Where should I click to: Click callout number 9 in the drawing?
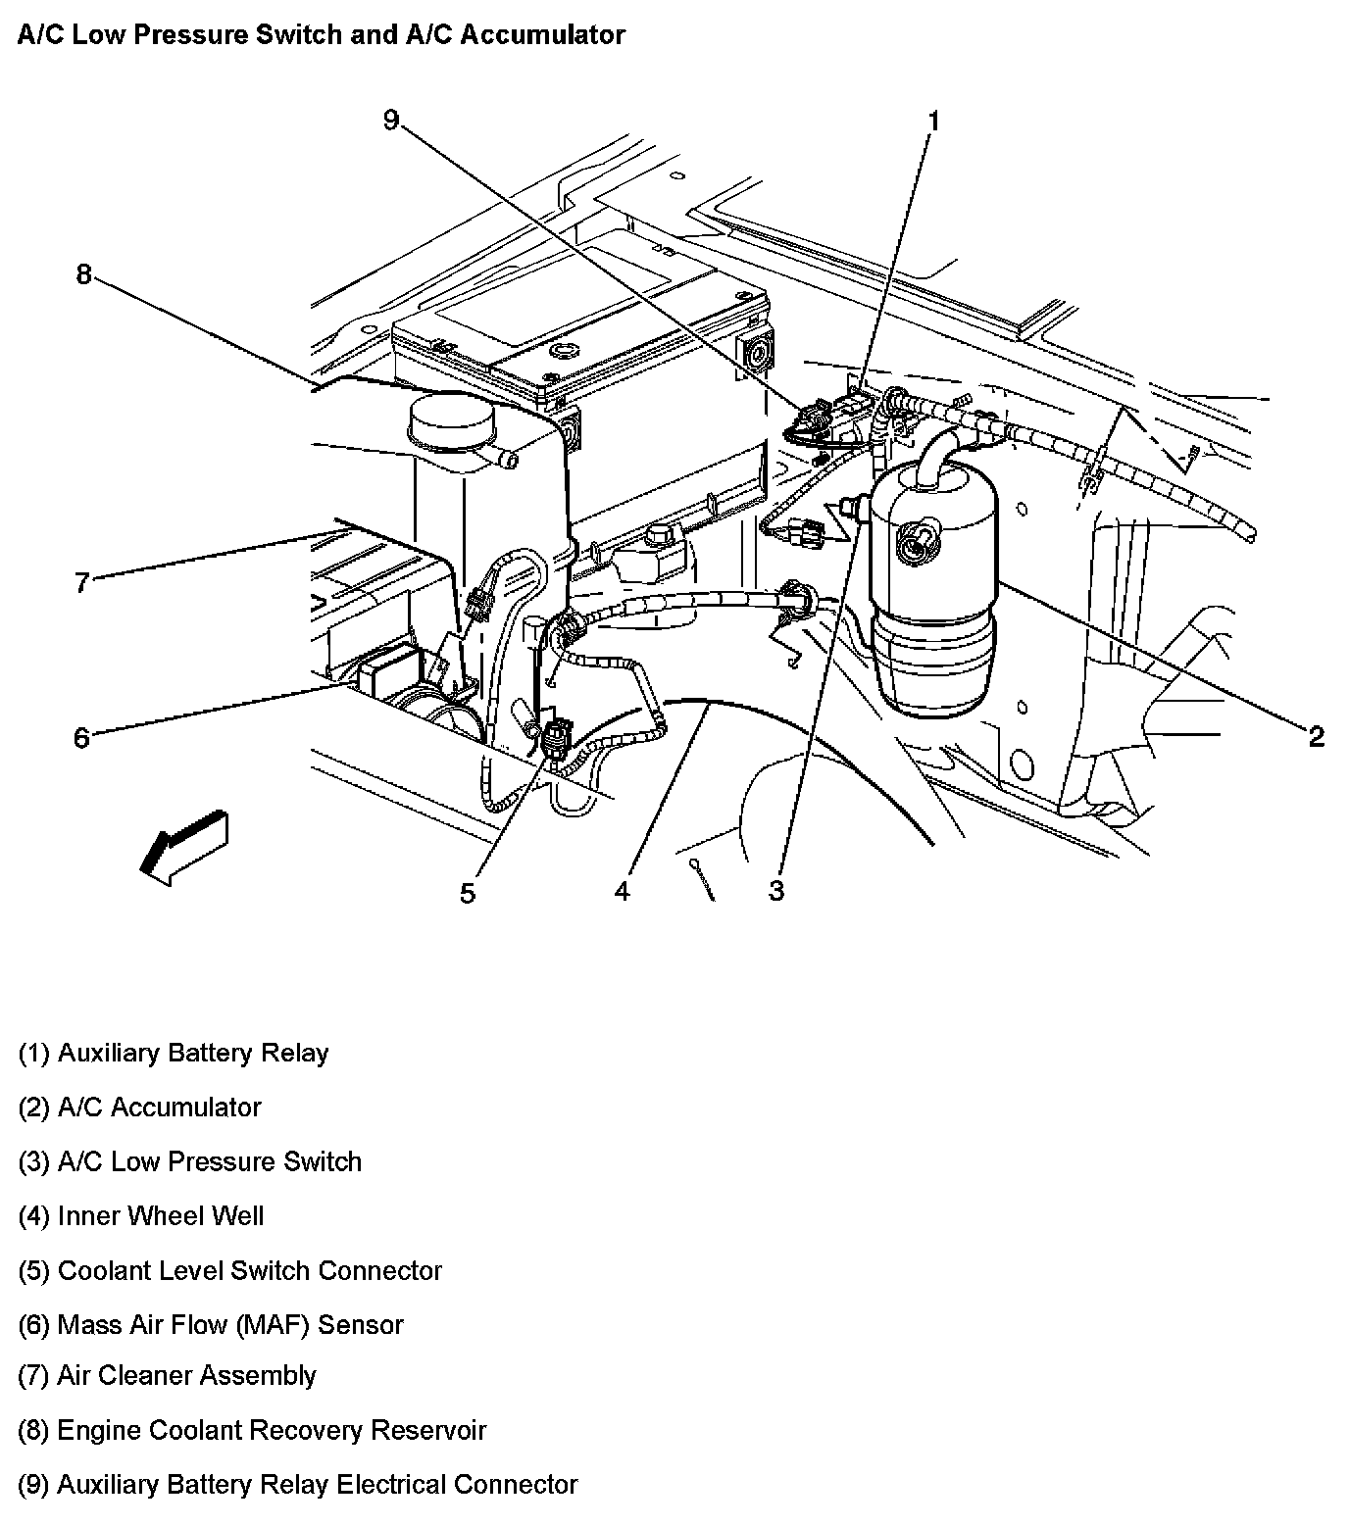(x=391, y=121)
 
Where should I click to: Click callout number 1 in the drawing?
(x=933, y=121)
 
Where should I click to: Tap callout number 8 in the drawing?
(x=83, y=274)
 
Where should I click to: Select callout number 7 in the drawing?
(x=82, y=582)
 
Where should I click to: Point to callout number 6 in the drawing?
(x=81, y=736)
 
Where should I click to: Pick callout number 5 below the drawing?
(x=468, y=893)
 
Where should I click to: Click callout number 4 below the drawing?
(x=622, y=890)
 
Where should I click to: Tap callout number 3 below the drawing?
(x=776, y=890)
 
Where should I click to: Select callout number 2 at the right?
(x=1316, y=736)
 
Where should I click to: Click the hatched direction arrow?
(x=183, y=845)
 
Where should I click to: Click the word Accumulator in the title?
(x=542, y=35)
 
